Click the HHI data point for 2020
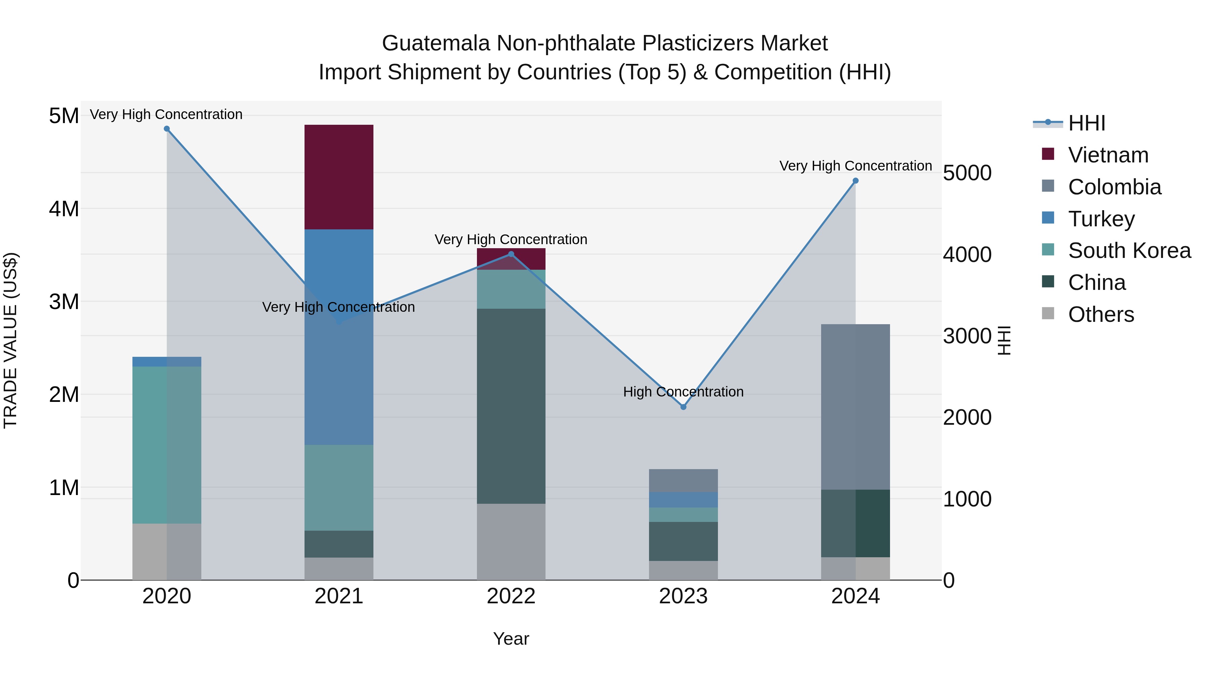click(167, 129)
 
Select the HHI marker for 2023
click(683, 407)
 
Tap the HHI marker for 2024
click(855, 181)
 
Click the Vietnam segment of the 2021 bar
click(339, 177)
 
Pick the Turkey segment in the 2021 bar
click(339, 337)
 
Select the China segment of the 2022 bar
click(511, 406)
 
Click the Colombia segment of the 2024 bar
click(855, 407)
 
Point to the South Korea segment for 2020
click(167, 445)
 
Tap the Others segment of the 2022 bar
click(511, 542)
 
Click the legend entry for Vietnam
click(1108, 155)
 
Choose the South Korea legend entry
click(1129, 251)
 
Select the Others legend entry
click(1100, 314)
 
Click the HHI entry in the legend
click(1086, 123)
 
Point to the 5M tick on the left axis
click(64, 116)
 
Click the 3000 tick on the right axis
click(967, 336)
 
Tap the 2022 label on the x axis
click(511, 596)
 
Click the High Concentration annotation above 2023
click(683, 392)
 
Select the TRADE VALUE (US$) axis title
click(10, 340)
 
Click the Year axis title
click(511, 639)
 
